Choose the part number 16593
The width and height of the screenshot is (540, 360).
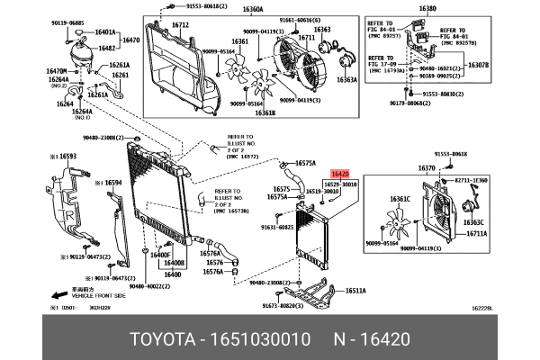point(68,157)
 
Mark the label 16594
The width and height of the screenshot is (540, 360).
point(112,183)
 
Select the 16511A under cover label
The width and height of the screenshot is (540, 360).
point(355,291)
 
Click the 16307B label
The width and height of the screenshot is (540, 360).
point(478,65)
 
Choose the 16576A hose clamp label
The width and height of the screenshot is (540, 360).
point(213,272)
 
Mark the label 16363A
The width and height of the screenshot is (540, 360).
point(346,80)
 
